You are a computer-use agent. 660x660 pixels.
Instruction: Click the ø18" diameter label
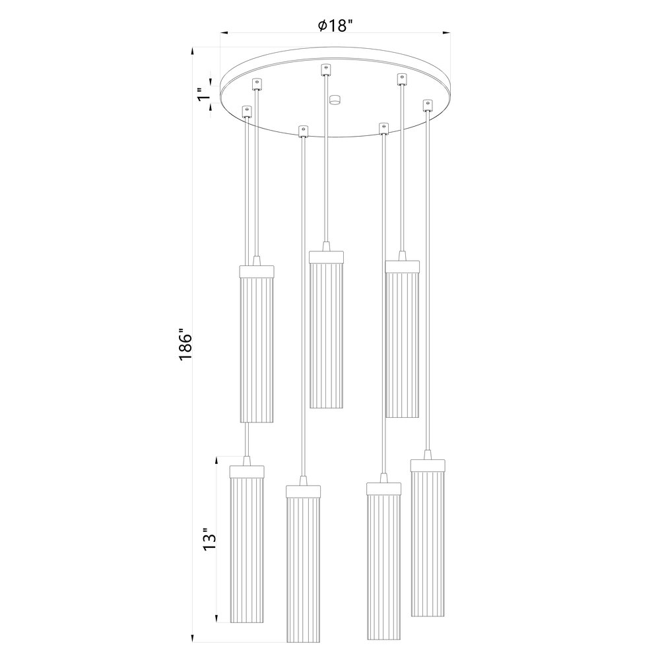pyautogui.click(x=335, y=26)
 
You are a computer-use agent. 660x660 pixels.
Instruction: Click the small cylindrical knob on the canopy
pyautogui.click(x=335, y=100)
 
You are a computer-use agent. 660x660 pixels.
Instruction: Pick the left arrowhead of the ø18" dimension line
pyautogui.click(x=225, y=32)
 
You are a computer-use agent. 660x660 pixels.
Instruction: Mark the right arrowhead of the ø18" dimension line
pyautogui.click(x=445, y=32)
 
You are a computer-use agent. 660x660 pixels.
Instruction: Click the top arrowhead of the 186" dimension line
pyautogui.click(x=192, y=52)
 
